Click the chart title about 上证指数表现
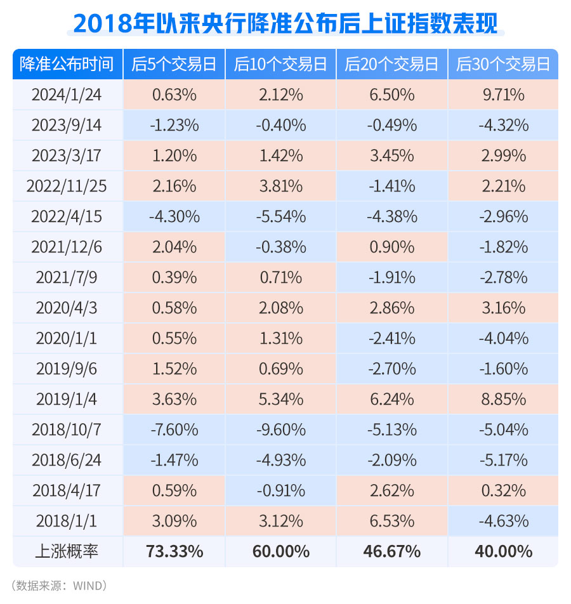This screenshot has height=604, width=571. [x=285, y=22]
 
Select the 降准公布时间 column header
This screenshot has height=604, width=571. [x=67, y=64]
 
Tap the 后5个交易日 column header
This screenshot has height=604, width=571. [x=174, y=64]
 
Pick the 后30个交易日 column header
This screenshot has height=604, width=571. [x=503, y=64]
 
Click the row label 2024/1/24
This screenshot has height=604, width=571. [x=67, y=95]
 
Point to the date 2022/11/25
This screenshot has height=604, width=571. [x=67, y=187]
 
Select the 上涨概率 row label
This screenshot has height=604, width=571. [x=67, y=551]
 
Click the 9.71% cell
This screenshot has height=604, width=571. [x=503, y=95]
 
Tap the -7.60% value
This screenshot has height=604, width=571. [x=174, y=430]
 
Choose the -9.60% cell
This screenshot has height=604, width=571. [x=281, y=430]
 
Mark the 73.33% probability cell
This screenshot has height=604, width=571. [x=174, y=551]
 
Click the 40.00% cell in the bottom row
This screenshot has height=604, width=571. [x=503, y=551]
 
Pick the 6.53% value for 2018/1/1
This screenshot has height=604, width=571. [x=392, y=521]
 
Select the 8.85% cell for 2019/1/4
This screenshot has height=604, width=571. [x=503, y=399]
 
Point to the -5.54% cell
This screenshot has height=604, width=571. [x=281, y=217]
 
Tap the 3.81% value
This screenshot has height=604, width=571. [x=281, y=187]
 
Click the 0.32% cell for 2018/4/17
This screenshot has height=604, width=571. [x=503, y=490]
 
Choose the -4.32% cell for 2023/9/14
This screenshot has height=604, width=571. [x=503, y=126]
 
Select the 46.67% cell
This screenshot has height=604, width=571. [x=392, y=551]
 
